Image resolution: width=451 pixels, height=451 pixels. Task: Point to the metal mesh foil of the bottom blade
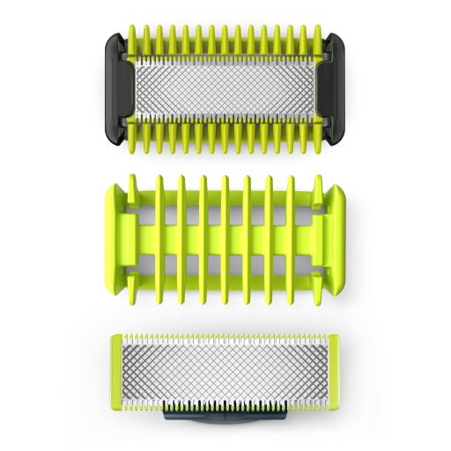[x=225, y=368]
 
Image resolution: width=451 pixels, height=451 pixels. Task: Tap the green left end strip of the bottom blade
[x=122, y=369]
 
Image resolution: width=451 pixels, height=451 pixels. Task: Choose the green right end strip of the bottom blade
[x=327, y=369]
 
